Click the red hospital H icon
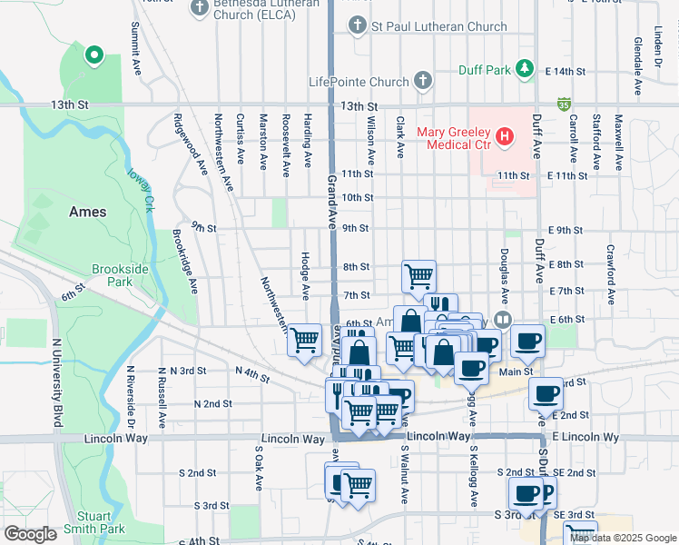[505, 138]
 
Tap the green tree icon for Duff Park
[524, 68]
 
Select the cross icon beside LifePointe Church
[422, 82]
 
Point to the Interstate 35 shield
[565, 105]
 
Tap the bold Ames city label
[88, 212]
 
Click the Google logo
[30, 534]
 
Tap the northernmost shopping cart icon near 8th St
[418, 274]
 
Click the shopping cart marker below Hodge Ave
[305, 339]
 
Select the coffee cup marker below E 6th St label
[527, 341]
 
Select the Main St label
[516, 371]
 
